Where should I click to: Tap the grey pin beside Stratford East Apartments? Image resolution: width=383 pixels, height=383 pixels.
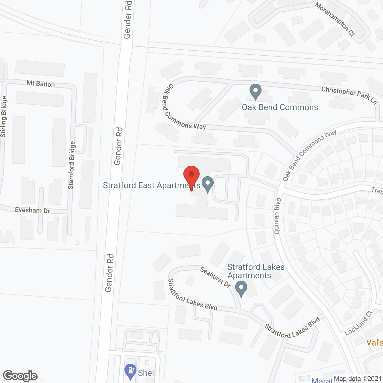(x=208, y=183)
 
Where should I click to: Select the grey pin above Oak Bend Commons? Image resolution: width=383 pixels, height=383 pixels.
(x=255, y=91)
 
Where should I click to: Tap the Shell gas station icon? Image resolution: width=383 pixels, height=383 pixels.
(x=130, y=371)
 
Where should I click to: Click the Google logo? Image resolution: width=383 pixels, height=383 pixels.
(x=20, y=376)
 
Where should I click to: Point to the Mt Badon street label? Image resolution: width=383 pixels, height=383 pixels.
(x=41, y=84)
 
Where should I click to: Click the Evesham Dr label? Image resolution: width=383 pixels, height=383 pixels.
(x=33, y=210)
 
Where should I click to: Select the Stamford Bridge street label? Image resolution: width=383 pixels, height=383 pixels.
(x=72, y=165)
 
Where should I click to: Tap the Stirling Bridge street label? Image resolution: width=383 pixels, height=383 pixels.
(x=3, y=117)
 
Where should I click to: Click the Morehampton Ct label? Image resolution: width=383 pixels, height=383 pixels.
(x=335, y=19)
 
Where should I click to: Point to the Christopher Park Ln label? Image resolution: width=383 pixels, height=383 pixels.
(x=349, y=95)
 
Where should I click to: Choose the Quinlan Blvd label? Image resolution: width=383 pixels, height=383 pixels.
(x=277, y=215)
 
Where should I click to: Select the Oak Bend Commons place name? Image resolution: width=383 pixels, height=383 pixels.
(x=280, y=107)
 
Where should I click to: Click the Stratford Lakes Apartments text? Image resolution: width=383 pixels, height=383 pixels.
(x=256, y=271)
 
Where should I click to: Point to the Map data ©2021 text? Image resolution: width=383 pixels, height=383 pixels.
(x=358, y=379)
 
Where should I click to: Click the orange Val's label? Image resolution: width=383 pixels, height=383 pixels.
(x=375, y=342)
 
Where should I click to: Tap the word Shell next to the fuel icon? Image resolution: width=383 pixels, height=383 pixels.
(x=147, y=373)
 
